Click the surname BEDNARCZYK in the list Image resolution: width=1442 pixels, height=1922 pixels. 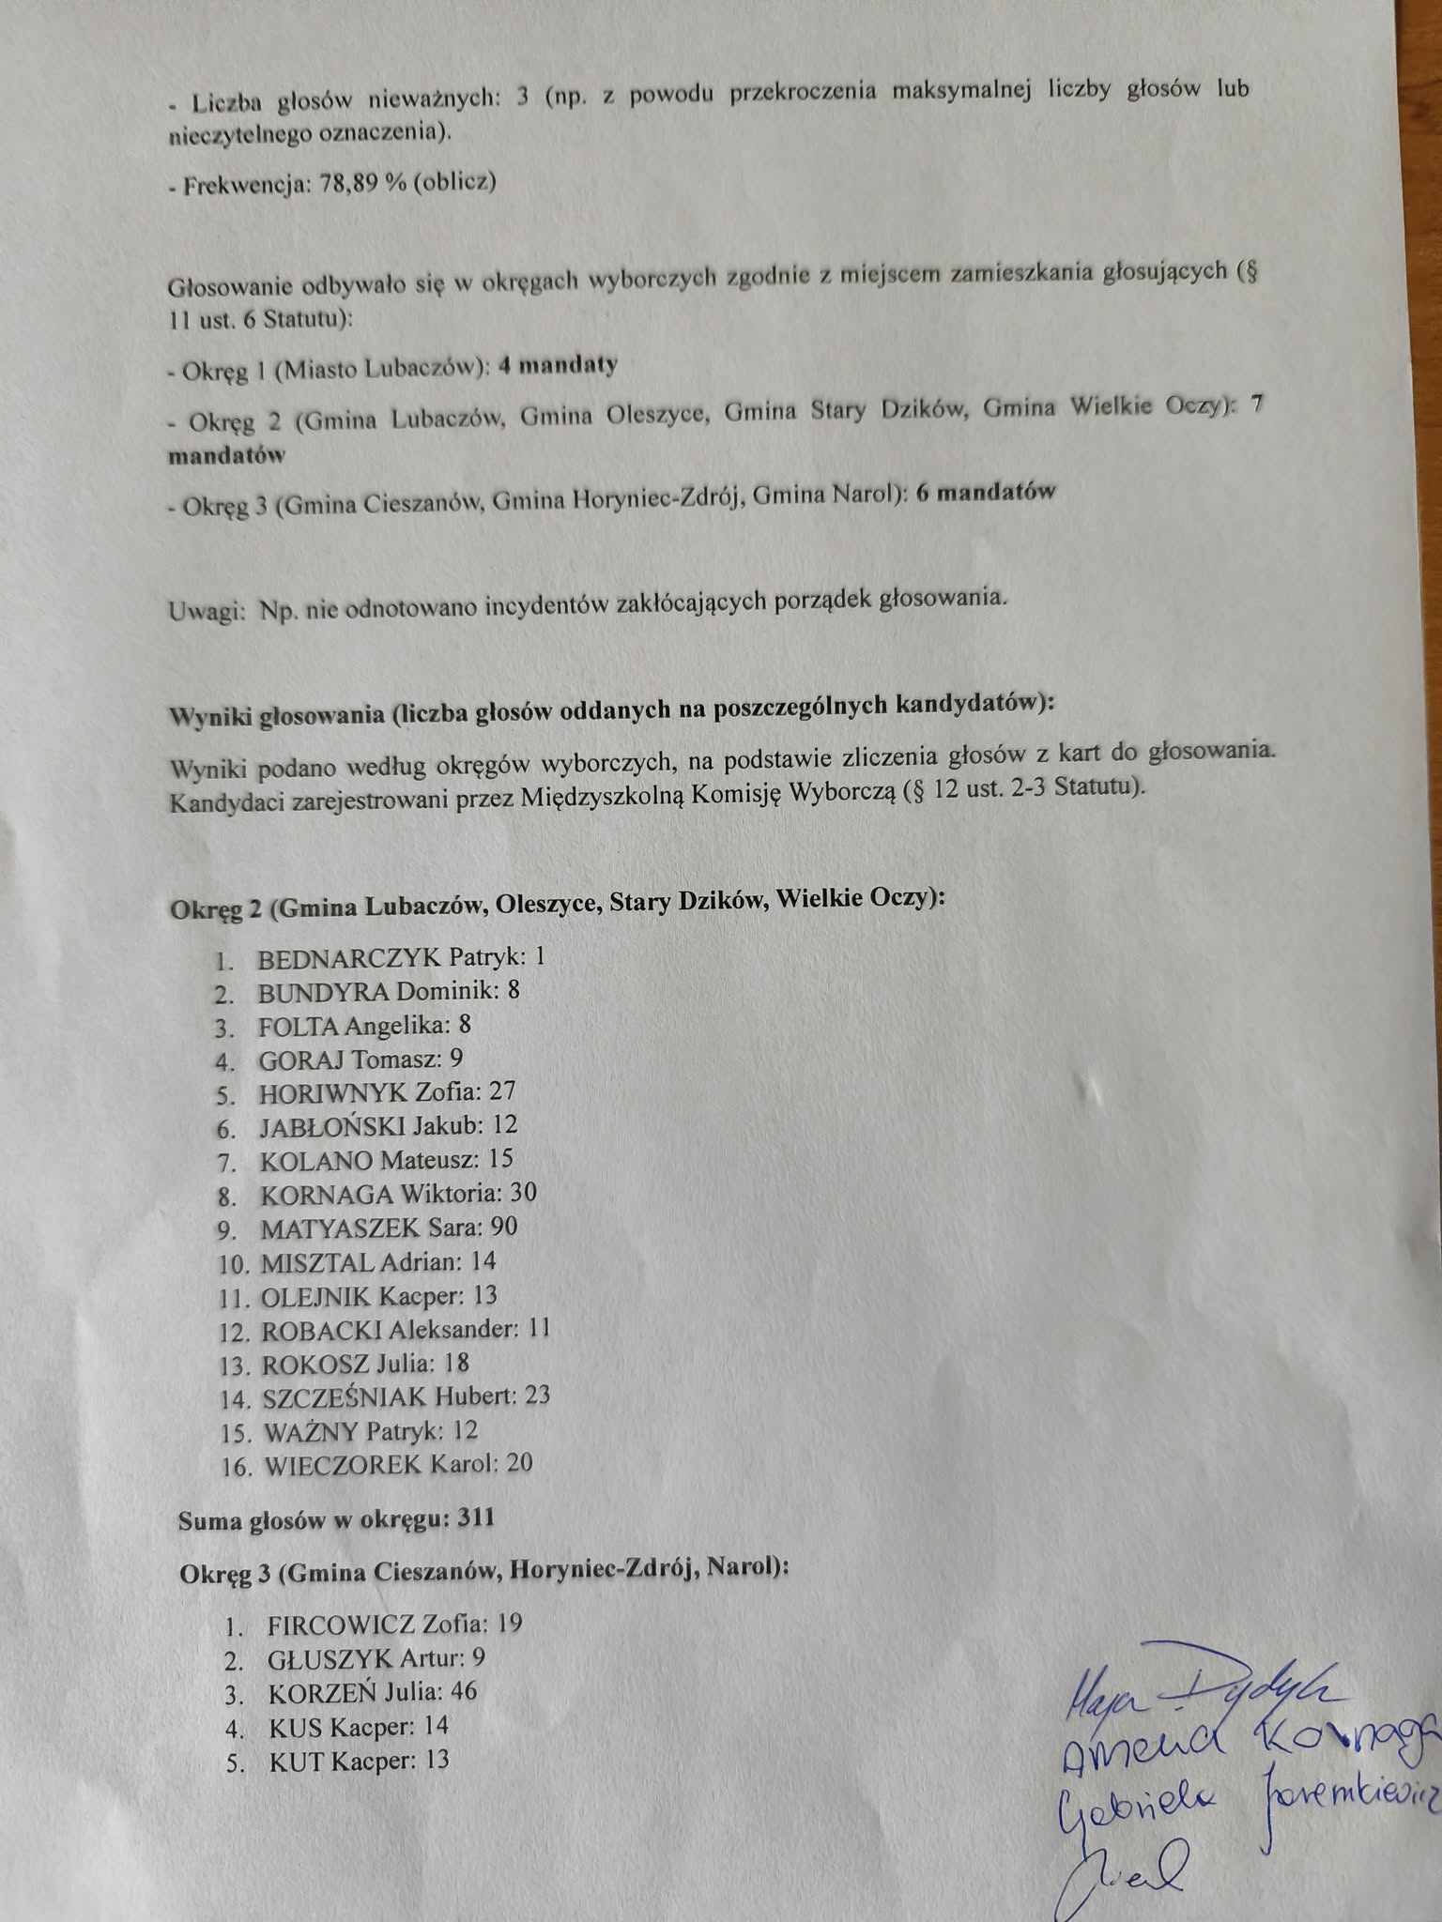[x=348, y=958]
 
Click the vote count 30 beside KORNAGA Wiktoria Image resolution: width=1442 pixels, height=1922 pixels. [x=523, y=1193]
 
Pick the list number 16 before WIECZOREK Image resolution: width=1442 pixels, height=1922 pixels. [x=237, y=1467]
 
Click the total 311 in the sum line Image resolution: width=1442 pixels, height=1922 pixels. [x=476, y=1518]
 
